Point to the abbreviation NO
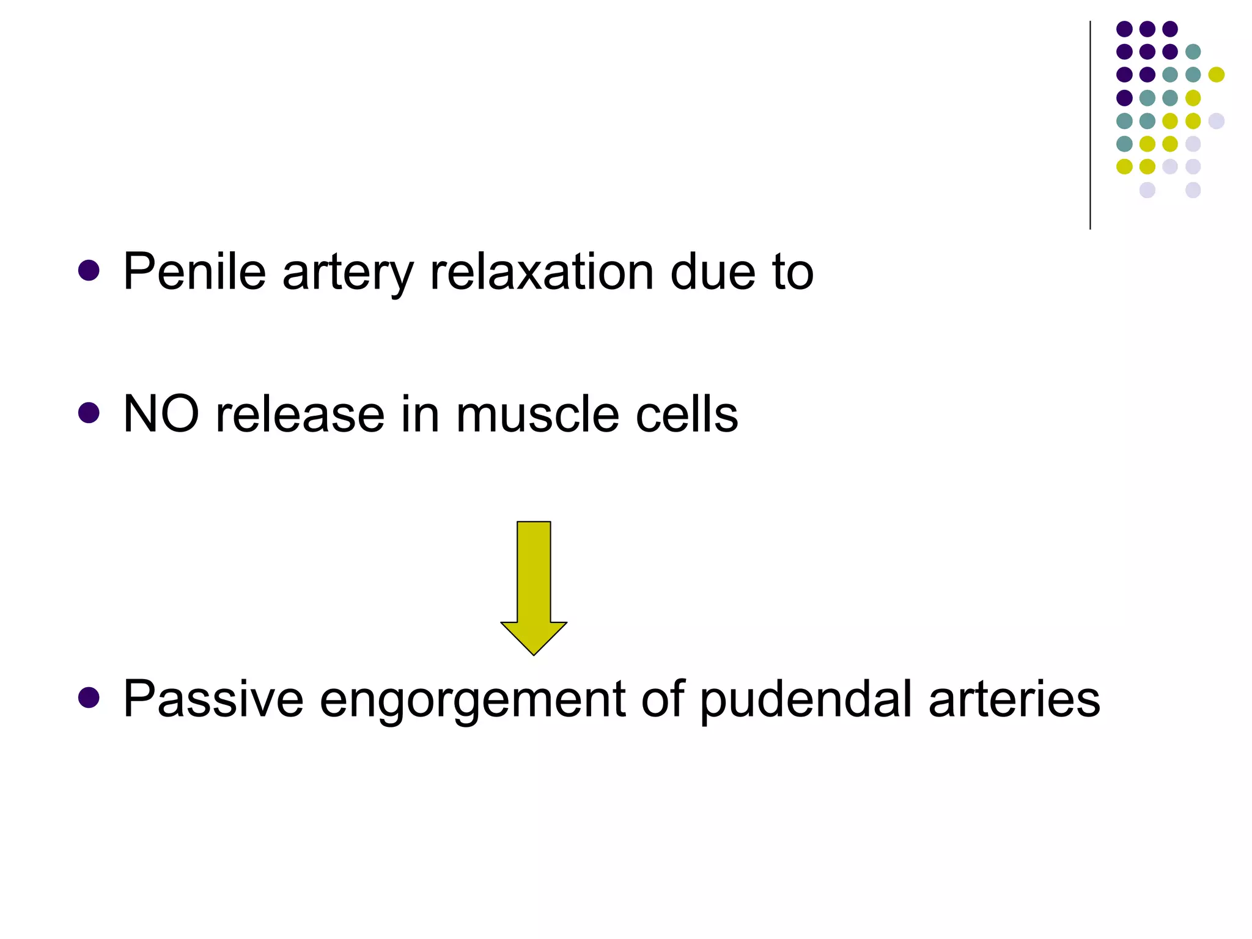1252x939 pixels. (x=161, y=414)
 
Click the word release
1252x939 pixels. (x=300, y=414)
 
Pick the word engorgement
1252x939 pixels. (x=472, y=701)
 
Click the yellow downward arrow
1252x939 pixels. (x=534, y=587)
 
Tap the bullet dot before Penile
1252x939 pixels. (x=89, y=270)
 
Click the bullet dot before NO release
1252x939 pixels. (x=89, y=413)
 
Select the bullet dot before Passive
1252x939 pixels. (x=89, y=698)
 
